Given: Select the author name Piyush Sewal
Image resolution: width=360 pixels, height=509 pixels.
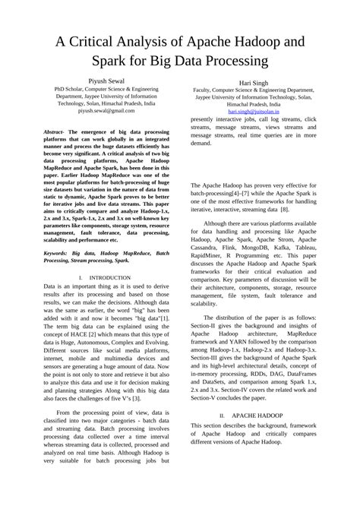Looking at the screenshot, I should [106, 80].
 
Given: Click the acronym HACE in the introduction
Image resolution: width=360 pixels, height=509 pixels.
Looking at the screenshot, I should [86, 333].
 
